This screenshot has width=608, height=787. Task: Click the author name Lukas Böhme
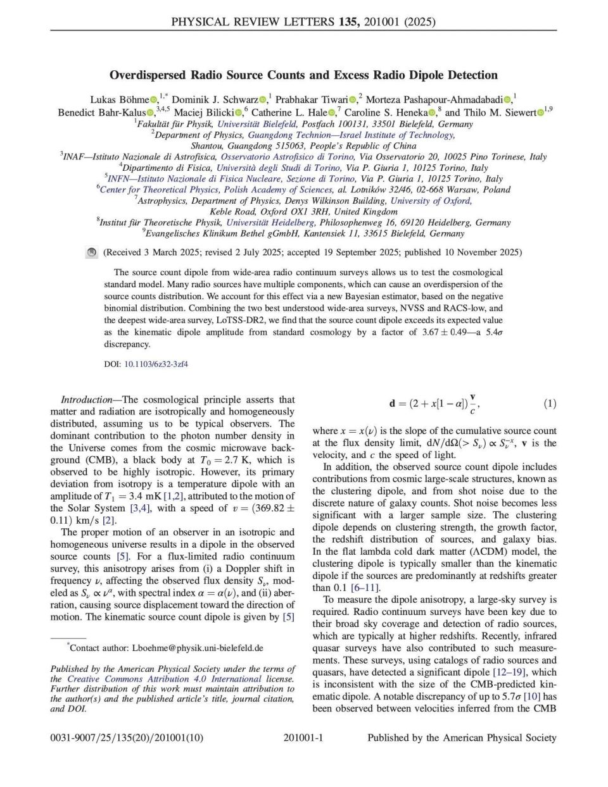click(119, 99)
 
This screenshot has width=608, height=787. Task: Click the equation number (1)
click(550, 404)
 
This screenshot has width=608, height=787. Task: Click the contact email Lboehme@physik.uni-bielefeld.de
click(197, 648)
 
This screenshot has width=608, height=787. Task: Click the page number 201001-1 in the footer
click(303, 738)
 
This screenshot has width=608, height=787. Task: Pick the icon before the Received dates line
click(91, 252)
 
